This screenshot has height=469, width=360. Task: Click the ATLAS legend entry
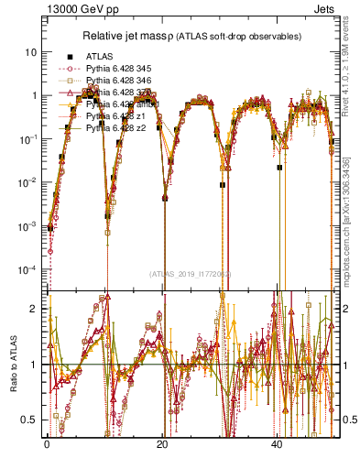pos(99,56)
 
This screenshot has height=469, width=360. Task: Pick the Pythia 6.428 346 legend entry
pos(115,80)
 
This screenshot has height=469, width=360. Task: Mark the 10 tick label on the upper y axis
pos(32,52)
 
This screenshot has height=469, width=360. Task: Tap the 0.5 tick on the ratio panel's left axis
pos(33,420)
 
